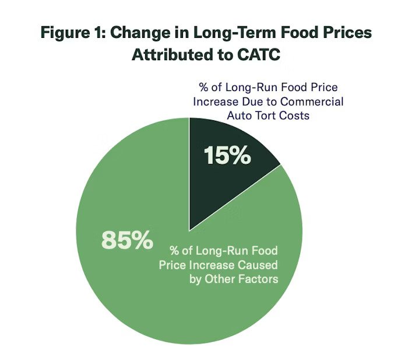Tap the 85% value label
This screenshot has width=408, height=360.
(127, 239)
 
